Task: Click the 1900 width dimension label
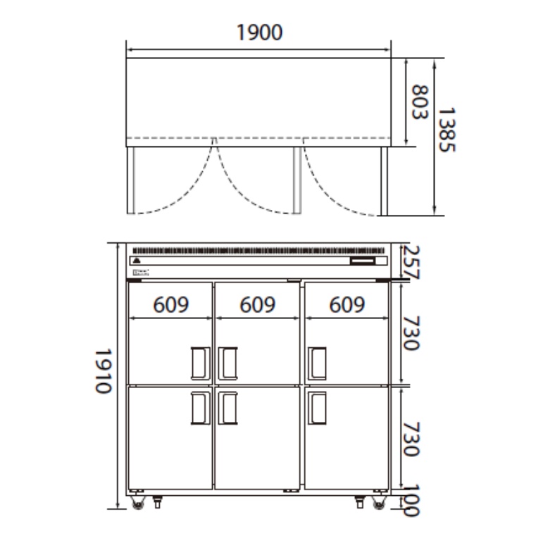pos(260,32)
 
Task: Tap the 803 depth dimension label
pos(419,102)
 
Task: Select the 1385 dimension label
pos(447,130)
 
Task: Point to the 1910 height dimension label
pos(104,371)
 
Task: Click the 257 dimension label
pos(411,263)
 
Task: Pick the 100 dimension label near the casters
pos(410,500)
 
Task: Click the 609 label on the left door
pos(171,304)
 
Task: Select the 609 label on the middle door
pos(257,304)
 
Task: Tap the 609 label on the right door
pos(347,304)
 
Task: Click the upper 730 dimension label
pos(411,333)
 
